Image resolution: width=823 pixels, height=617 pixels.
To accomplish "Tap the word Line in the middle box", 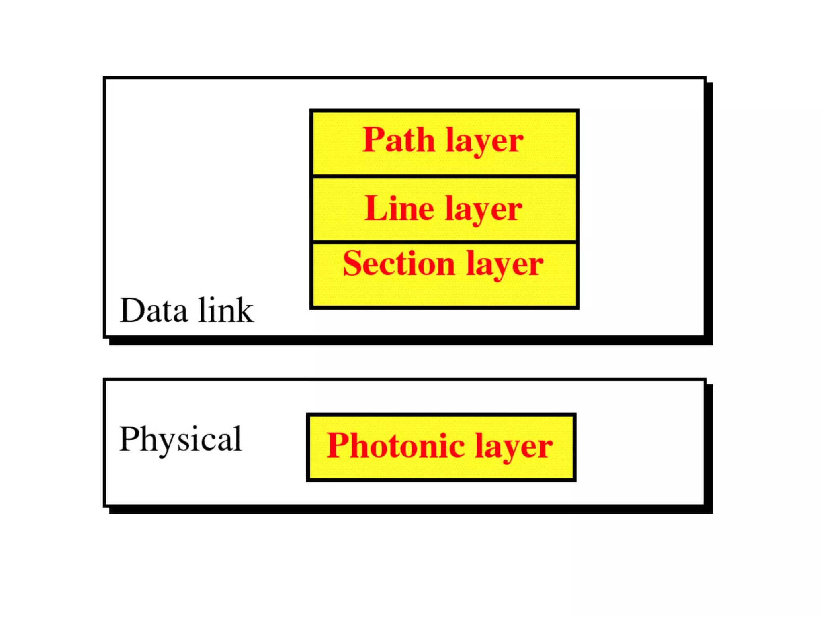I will (x=399, y=208).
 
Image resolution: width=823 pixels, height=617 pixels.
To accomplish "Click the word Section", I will (x=399, y=264).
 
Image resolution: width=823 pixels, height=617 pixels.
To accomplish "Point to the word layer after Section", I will (x=505, y=266).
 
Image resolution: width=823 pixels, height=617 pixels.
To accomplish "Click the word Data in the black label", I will (x=154, y=311).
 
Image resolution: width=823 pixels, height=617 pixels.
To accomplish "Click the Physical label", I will (x=180, y=439).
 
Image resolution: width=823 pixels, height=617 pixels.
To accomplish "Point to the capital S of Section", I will (x=352, y=264).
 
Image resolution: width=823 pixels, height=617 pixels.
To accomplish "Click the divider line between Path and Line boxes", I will (x=444, y=176).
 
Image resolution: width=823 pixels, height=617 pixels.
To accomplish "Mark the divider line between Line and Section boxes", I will (x=444, y=241).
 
